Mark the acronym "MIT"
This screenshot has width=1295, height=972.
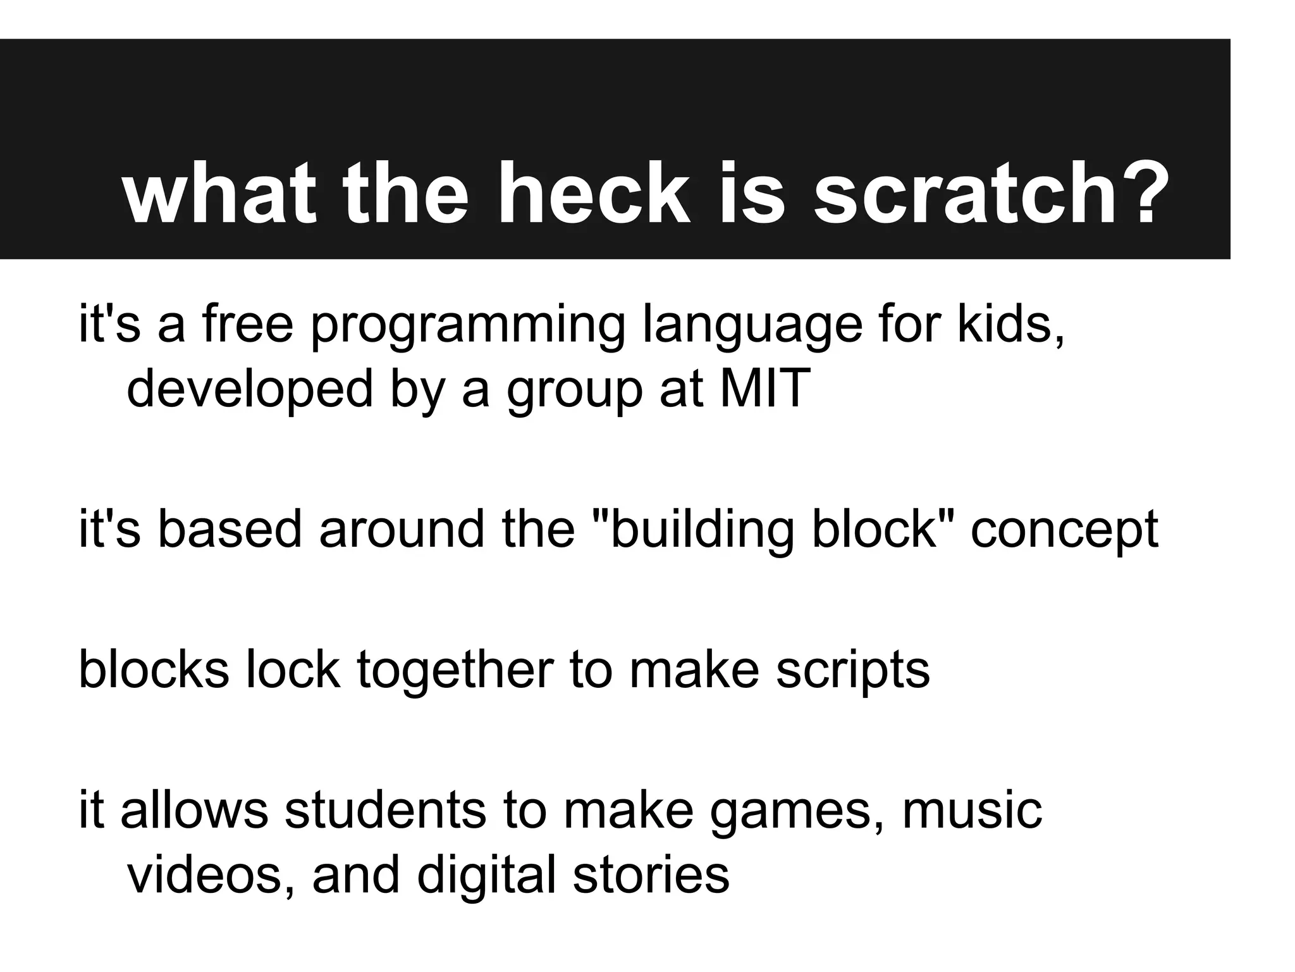765,387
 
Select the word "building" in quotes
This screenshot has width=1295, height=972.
703,530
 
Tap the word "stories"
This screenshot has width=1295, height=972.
651,875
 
